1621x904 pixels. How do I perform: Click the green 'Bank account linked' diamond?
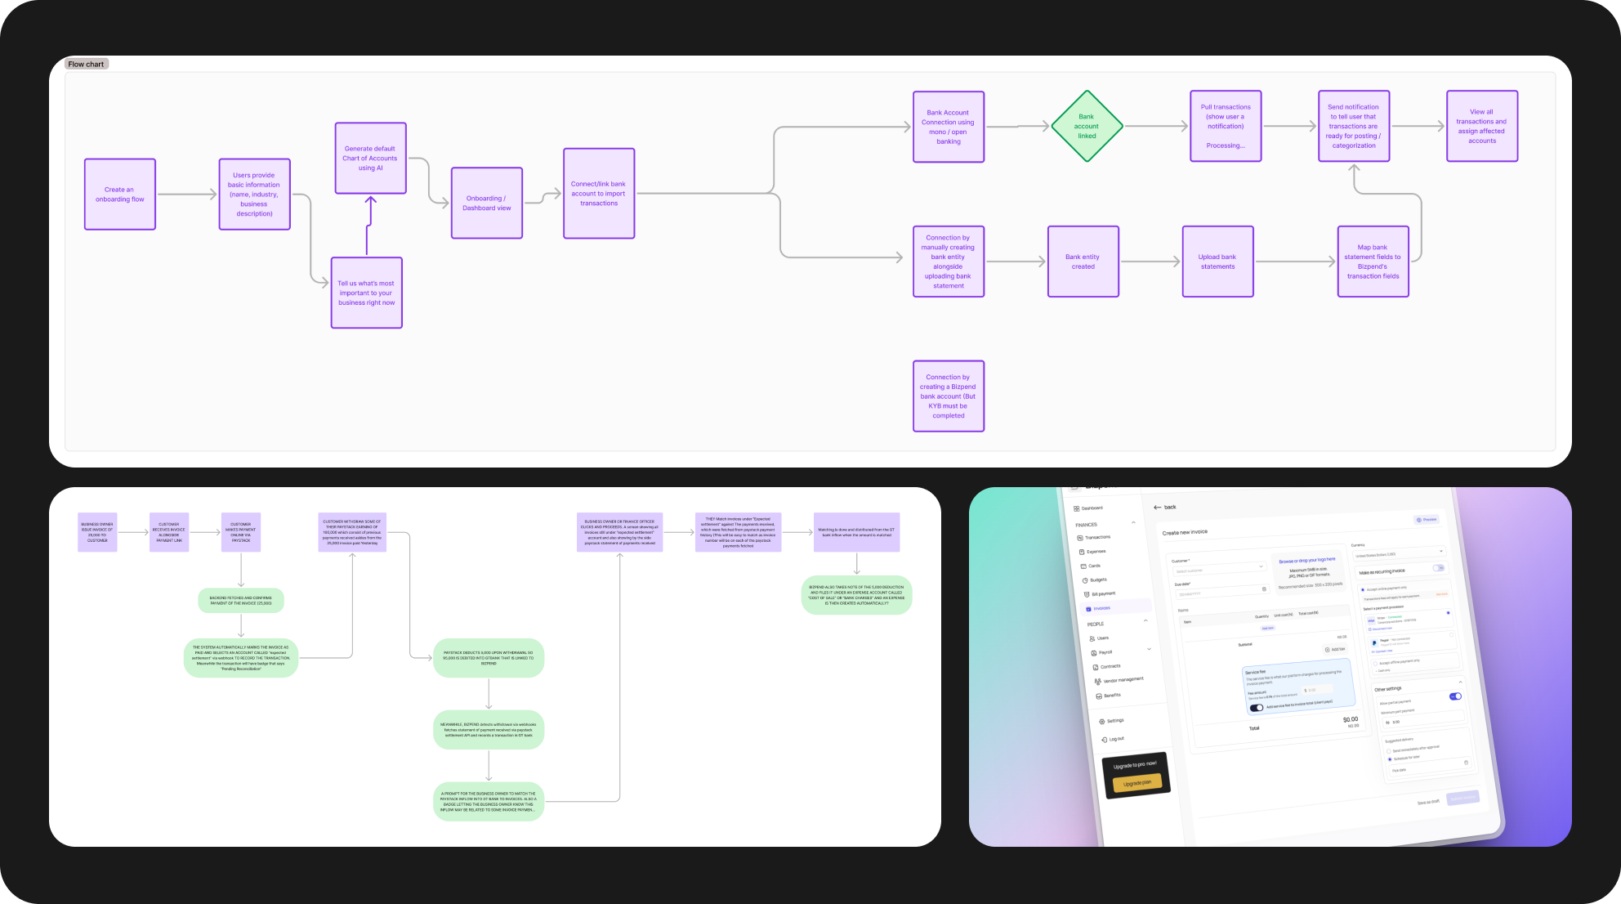[1086, 127]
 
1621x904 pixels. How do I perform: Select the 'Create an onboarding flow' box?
[120, 195]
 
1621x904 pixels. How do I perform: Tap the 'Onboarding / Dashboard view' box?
[487, 203]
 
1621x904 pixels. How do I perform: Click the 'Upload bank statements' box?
[1217, 262]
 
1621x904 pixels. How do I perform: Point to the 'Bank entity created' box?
[1083, 262]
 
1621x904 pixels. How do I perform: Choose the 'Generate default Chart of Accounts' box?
[370, 159]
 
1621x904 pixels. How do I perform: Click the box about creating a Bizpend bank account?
[948, 396]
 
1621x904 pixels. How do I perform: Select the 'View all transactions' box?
[1481, 127]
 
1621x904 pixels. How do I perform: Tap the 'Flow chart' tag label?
[86, 64]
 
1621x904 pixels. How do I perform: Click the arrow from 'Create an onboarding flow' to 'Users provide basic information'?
[186, 195]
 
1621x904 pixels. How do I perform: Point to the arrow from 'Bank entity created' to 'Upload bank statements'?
[1150, 262]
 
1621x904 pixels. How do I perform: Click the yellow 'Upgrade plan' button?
[1136, 783]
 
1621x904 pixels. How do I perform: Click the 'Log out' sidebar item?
[1114, 739]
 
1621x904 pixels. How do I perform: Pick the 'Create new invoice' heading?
[1185, 532]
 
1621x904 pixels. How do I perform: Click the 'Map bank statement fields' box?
[1373, 262]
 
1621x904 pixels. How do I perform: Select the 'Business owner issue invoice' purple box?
[97, 532]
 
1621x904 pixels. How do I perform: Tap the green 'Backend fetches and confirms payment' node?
[241, 601]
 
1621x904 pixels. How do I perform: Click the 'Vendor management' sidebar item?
[1123, 680]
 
